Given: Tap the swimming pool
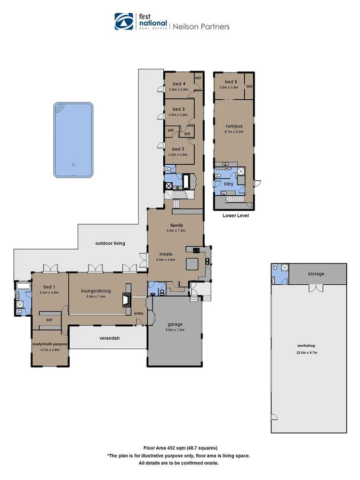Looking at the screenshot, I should click(x=73, y=140).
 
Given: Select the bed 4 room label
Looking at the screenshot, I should click(x=179, y=84).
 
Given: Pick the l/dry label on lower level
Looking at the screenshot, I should click(x=228, y=184).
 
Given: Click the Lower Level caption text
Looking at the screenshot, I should click(x=235, y=216).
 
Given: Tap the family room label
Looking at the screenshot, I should click(x=177, y=225).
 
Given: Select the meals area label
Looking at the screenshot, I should click(x=165, y=254).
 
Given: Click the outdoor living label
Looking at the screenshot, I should click(x=110, y=243).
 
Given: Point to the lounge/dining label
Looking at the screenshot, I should click(x=95, y=291).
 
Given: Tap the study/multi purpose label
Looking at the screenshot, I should click(x=50, y=345).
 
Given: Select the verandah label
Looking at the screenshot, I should click(x=108, y=338).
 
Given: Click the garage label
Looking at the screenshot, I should click(x=175, y=324).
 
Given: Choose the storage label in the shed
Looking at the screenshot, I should click(x=316, y=274).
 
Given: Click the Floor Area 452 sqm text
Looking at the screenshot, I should click(x=180, y=448).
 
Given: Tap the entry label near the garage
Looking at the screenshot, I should click(x=139, y=313).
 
